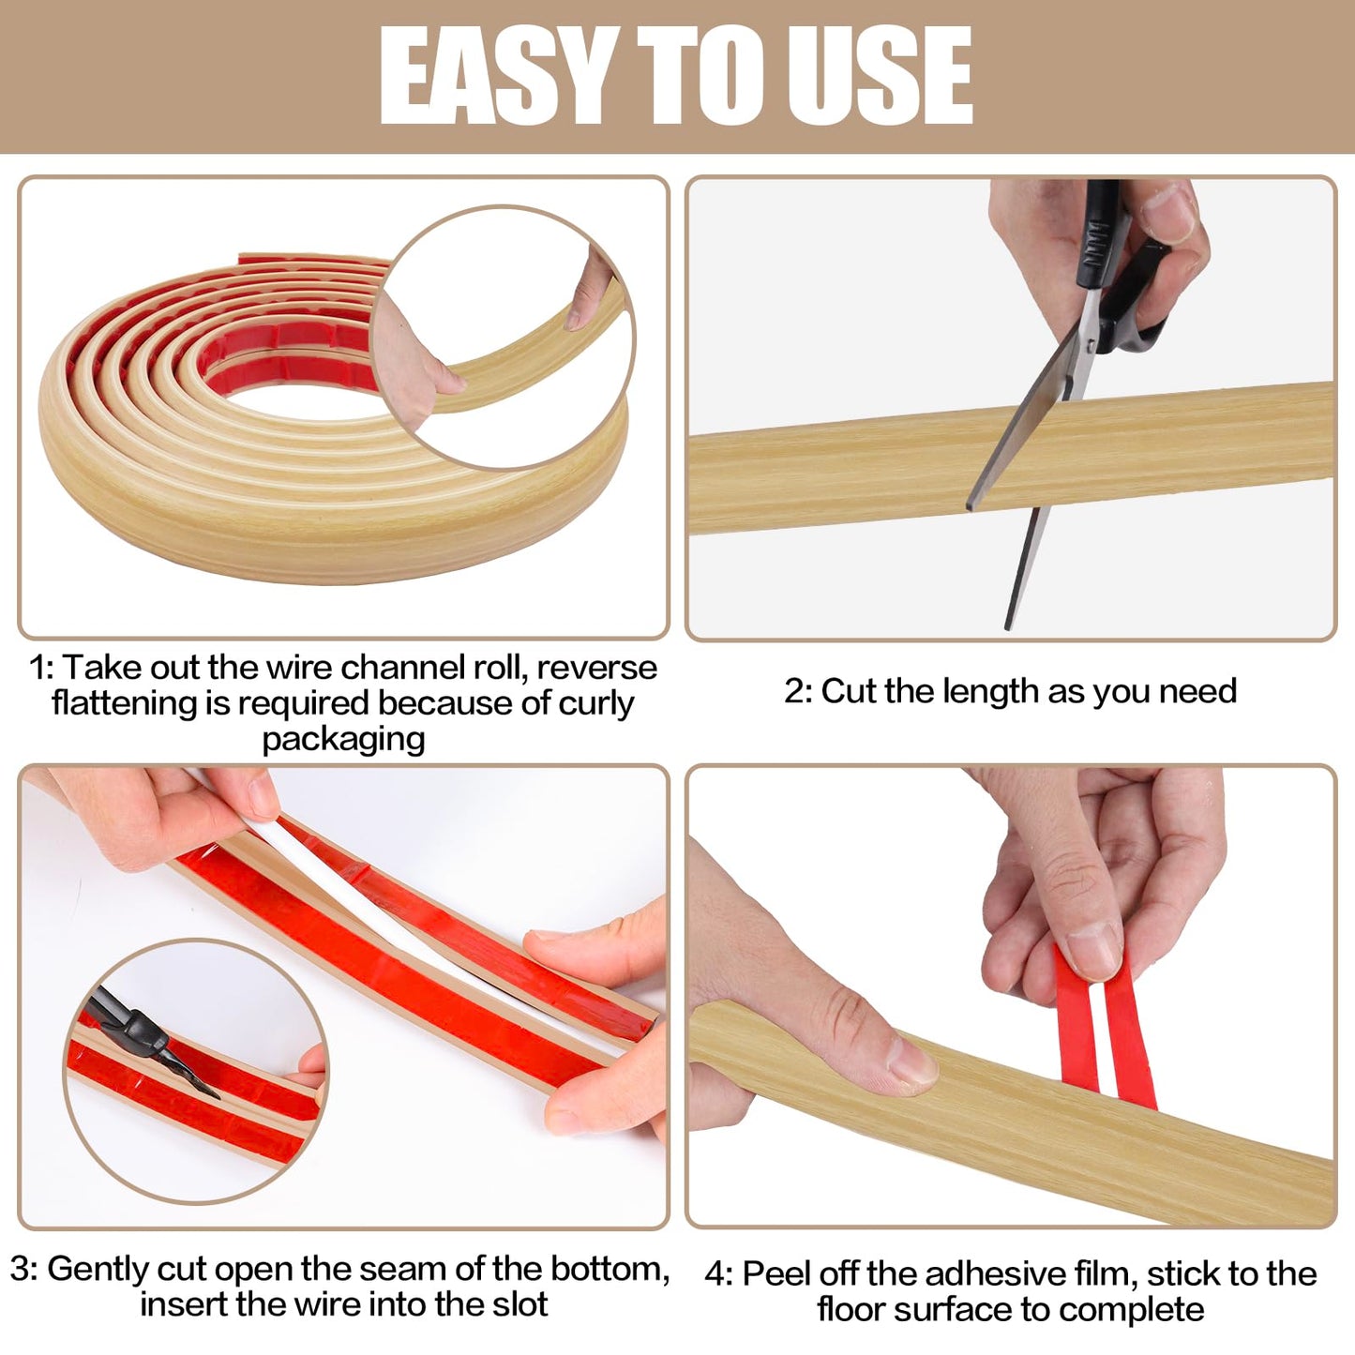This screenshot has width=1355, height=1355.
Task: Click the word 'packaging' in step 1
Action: click(x=343, y=739)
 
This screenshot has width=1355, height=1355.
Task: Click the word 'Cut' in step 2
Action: click(x=850, y=691)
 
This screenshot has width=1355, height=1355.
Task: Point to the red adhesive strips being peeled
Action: click(x=1107, y=1031)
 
